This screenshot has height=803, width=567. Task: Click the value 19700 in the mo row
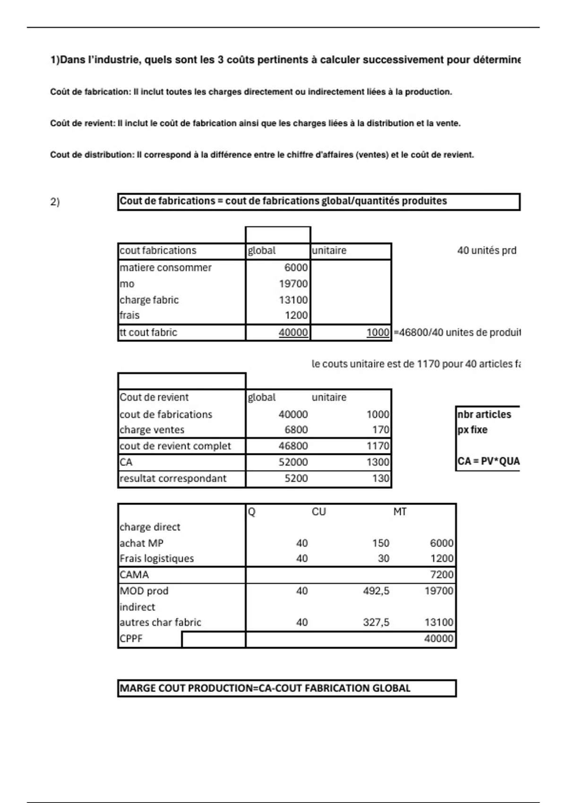[293, 284]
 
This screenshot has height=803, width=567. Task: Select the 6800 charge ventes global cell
[296, 430]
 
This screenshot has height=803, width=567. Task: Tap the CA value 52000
[293, 462]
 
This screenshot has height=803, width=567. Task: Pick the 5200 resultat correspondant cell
[296, 478]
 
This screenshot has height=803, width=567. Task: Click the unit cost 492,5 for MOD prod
[376, 591]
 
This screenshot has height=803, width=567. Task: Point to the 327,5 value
[376, 623]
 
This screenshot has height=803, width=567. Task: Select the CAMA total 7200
[442, 575]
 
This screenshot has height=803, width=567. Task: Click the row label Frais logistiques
[156, 559]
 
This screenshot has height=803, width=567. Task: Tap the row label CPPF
[131, 639]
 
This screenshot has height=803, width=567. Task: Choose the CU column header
[318, 512]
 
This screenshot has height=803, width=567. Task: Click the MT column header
[400, 512]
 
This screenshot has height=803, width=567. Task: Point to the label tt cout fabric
[148, 333]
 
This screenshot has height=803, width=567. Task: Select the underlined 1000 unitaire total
[378, 333]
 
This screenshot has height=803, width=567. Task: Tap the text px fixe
[472, 430]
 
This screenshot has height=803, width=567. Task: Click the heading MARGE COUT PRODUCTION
[265, 688]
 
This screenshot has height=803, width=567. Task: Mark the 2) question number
[55, 202]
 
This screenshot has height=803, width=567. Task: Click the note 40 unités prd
[486, 251]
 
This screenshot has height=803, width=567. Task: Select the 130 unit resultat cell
[380, 478]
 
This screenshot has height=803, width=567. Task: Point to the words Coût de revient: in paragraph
[83, 124]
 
